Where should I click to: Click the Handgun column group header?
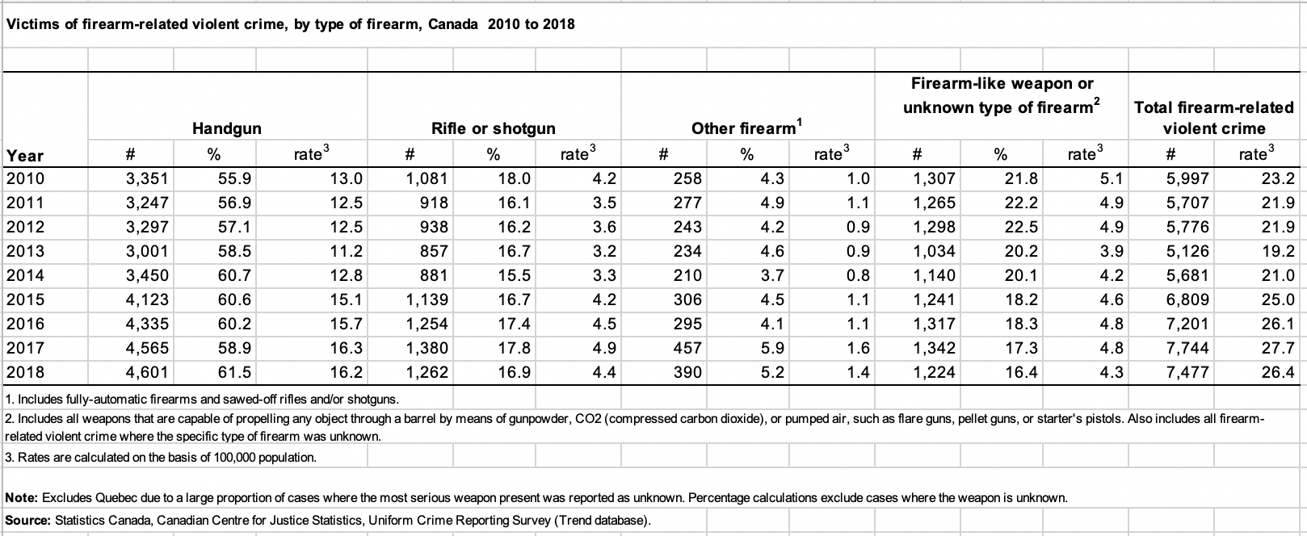coord(227,128)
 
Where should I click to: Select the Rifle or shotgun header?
coord(493,128)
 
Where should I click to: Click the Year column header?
coord(25,156)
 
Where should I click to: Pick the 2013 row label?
coord(25,251)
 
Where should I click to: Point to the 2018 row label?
coord(25,372)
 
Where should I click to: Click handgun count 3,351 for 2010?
coord(147,178)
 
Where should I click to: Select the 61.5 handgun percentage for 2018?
coord(234,372)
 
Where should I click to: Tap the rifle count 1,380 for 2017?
coord(427,348)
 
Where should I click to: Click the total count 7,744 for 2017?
coord(1187,348)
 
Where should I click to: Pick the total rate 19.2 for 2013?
coord(1278,251)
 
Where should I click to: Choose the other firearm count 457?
coord(687,348)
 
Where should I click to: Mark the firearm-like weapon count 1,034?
coord(934,251)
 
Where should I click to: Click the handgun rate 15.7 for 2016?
coord(346,324)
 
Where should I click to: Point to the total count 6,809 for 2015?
coord(1187,299)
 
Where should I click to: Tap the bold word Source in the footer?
coord(28,520)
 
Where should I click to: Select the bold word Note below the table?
coord(22,498)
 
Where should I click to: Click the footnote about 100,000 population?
coord(161,457)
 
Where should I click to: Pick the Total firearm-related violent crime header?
coord(1213,118)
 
